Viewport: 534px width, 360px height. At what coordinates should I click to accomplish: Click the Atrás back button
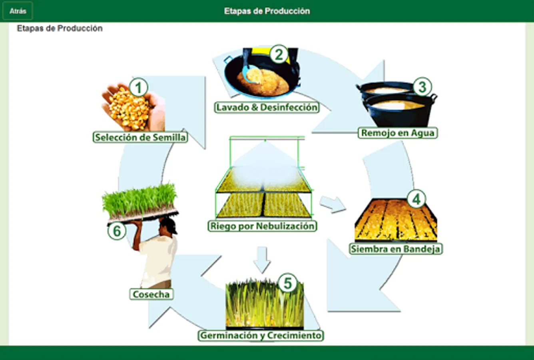[18, 11]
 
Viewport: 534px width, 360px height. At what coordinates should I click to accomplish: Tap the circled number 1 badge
[139, 87]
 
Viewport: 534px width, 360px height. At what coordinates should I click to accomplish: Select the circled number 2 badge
[279, 54]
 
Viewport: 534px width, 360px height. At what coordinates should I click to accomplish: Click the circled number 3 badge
[422, 87]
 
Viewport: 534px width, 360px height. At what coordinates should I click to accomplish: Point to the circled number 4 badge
[416, 199]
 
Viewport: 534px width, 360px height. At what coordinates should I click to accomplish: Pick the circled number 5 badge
[287, 283]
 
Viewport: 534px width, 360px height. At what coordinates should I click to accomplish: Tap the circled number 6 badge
[117, 231]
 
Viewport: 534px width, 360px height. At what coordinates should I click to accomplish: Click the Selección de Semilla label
[140, 137]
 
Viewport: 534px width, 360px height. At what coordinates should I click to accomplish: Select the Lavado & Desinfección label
[267, 107]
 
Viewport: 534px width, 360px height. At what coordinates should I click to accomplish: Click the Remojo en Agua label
[398, 133]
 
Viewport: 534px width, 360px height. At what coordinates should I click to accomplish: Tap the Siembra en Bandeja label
[396, 249]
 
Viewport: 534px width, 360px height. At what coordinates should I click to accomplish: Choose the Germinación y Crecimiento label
[261, 335]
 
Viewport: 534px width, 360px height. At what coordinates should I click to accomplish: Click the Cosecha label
[151, 294]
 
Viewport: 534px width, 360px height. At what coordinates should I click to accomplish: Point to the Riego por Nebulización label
[263, 226]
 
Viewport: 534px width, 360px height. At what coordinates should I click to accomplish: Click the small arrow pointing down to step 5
[262, 260]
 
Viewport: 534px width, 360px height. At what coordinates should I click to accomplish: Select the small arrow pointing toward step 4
[333, 204]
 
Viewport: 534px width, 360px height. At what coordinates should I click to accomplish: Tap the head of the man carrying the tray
[169, 226]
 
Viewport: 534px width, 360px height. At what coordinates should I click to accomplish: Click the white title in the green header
[267, 11]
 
